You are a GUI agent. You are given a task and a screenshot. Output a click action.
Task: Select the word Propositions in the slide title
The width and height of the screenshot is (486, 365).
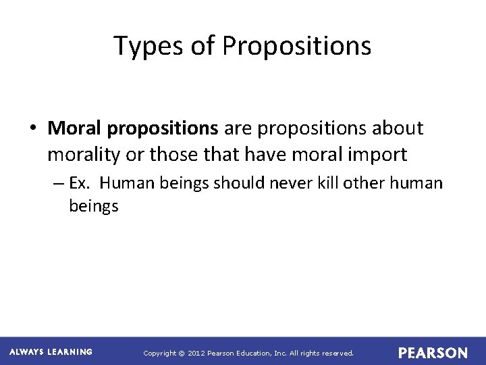pyautogui.click(x=296, y=46)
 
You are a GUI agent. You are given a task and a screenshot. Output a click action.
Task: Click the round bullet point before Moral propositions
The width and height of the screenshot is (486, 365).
pyautogui.click(x=34, y=128)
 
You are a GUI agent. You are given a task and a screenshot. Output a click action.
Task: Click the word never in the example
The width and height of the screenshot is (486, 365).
pyautogui.click(x=294, y=183)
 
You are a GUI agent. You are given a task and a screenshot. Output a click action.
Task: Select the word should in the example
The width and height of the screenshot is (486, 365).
pyautogui.click(x=246, y=183)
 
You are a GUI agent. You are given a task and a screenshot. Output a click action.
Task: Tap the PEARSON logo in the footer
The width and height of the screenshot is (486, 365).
pyautogui.click(x=433, y=353)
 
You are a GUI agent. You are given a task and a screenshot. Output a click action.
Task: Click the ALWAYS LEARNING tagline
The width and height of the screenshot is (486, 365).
pyautogui.click(x=51, y=352)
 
